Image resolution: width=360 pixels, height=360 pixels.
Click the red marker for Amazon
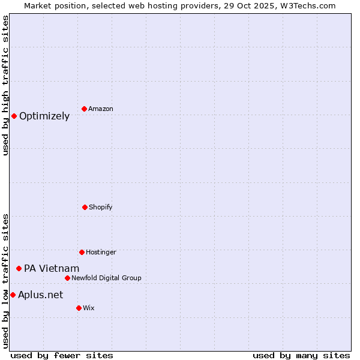click(x=84, y=109)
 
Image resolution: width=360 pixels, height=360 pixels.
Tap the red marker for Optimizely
click(x=14, y=116)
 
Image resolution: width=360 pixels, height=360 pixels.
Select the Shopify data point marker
click(x=85, y=207)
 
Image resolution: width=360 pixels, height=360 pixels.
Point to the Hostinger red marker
click(x=82, y=252)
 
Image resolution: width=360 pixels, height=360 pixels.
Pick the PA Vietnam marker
click(x=19, y=268)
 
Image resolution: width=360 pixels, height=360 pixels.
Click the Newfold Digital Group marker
click(x=67, y=278)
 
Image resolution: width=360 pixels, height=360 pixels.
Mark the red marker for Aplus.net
click(x=13, y=295)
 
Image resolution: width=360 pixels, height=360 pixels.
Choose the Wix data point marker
click(x=79, y=308)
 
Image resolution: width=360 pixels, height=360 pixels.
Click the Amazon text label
click(x=101, y=109)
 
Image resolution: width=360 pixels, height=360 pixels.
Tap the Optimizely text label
click(x=44, y=116)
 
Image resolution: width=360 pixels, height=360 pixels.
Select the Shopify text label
click(x=101, y=207)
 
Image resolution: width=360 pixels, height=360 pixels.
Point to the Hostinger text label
click(x=101, y=252)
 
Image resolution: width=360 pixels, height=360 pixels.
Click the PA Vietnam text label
click(x=52, y=269)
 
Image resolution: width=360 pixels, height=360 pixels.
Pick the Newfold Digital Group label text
click(x=106, y=278)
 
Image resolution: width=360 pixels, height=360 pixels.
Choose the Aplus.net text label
click(x=40, y=295)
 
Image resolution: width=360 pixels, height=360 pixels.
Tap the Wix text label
click(x=89, y=308)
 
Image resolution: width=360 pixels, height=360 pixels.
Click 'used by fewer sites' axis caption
click(x=62, y=355)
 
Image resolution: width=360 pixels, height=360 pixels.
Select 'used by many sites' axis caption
click(x=301, y=355)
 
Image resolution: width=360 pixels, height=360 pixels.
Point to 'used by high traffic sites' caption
click(x=5, y=85)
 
